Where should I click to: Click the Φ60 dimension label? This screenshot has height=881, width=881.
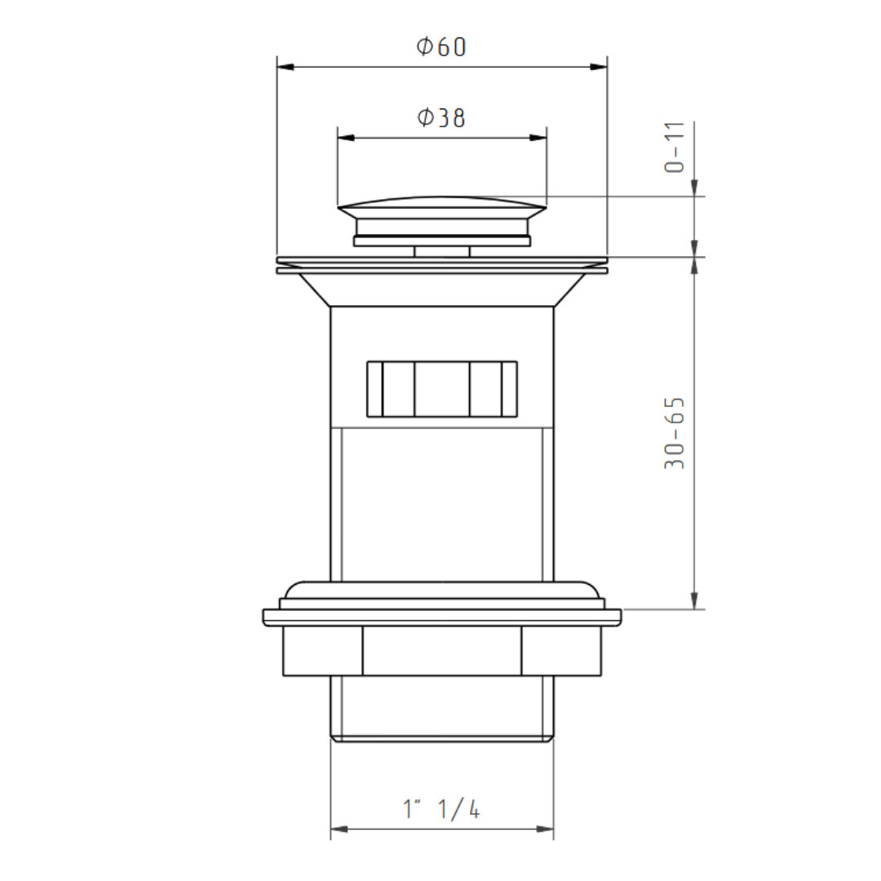click(x=441, y=46)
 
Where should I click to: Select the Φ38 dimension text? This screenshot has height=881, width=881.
click(x=441, y=117)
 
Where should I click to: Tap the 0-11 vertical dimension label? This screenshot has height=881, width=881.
click(x=675, y=147)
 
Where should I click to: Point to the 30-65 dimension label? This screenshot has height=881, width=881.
click(x=675, y=433)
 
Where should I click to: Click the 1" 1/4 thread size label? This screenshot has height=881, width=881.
click(x=441, y=809)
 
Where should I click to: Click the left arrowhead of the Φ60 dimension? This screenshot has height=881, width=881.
click(x=286, y=67)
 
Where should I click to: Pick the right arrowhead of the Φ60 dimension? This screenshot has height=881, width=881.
click(x=599, y=67)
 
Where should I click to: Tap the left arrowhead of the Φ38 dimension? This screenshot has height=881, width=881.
click(x=346, y=138)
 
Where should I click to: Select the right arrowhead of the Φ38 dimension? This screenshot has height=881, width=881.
click(x=538, y=138)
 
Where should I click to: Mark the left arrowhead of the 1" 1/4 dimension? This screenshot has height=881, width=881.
click(x=339, y=829)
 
